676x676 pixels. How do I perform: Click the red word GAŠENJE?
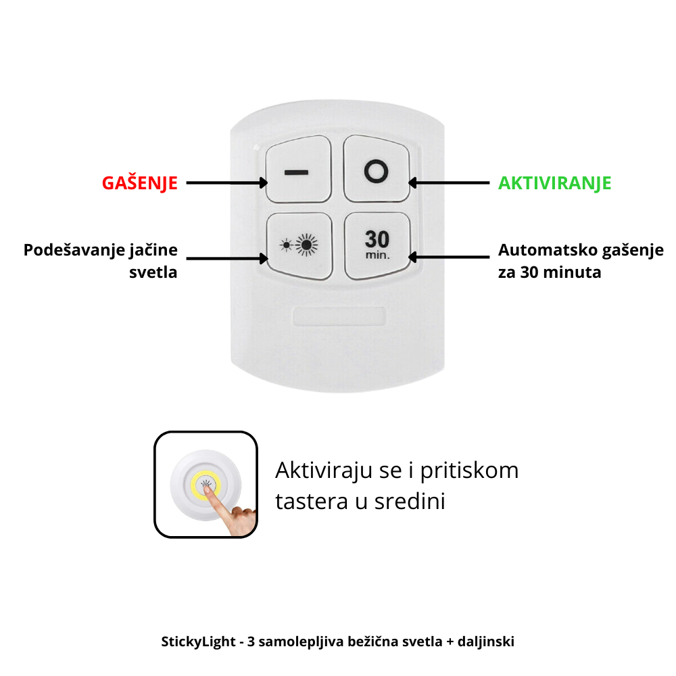[140, 183]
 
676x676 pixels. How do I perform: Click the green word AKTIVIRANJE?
[554, 183]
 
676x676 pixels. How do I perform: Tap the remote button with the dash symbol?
[298, 169]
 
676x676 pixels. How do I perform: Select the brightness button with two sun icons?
[299, 246]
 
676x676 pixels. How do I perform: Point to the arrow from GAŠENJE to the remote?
[226, 183]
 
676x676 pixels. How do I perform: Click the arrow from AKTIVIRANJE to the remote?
[449, 183]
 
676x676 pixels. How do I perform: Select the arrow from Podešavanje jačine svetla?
[226, 259]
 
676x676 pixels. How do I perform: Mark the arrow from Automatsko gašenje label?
[449, 258]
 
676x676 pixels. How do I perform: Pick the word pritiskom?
[469, 470]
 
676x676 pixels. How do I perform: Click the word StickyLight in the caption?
[198, 642]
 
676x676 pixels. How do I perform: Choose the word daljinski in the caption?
[486, 642]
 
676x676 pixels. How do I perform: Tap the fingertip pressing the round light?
[208, 491]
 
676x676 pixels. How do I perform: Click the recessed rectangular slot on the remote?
[339, 316]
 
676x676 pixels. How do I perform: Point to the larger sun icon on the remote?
[306, 245]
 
